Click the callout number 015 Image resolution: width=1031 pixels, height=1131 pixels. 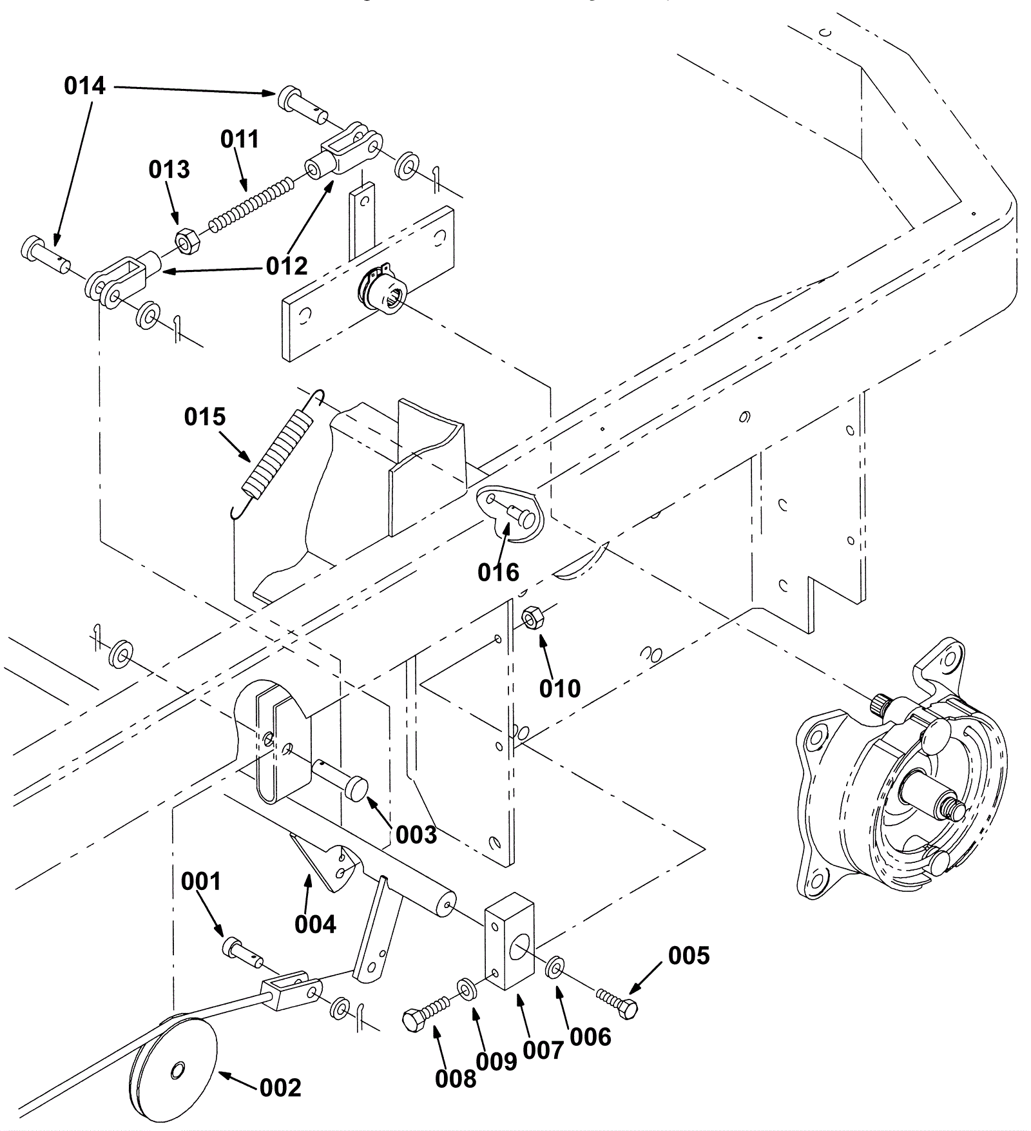click(205, 417)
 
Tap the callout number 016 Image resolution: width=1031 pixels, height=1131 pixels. click(498, 572)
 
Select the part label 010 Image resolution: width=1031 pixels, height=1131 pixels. click(560, 689)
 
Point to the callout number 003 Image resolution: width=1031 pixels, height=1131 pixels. click(416, 835)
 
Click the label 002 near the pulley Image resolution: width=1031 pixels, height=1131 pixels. click(281, 1088)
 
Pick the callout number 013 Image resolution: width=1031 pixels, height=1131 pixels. click(169, 169)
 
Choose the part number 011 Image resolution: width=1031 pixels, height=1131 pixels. click(240, 139)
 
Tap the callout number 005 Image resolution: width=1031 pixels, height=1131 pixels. click(689, 956)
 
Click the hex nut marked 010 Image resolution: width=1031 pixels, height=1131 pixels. click(530, 618)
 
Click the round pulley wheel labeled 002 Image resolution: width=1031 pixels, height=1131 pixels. click(174, 1072)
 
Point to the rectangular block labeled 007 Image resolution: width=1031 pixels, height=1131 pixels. click(509, 940)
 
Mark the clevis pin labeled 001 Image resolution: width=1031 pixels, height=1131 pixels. click(242, 952)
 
